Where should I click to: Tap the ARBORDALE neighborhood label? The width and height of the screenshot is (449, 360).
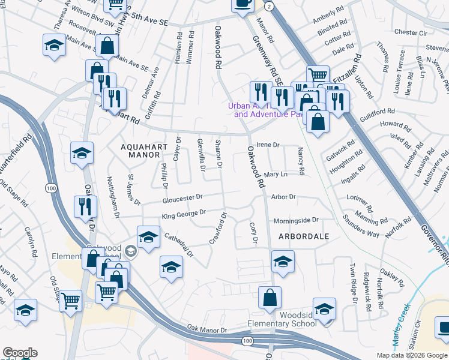tap(304, 236)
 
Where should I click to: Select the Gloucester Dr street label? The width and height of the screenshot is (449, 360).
tap(182, 197)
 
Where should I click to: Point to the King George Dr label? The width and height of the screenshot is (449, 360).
tap(184, 214)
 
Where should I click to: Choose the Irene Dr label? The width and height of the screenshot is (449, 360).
tap(268, 145)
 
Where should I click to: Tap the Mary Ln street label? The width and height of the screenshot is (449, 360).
tap(276, 174)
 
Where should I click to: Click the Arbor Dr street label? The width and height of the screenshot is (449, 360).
tap(283, 197)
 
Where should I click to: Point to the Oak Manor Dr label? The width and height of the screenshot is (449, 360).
tap(207, 329)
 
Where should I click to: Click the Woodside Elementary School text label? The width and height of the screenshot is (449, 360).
tap(298, 319)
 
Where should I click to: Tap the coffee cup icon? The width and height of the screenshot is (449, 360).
tap(243, 4)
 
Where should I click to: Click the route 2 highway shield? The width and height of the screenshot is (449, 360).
tap(270, 6)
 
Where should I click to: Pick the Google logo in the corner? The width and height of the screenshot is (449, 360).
tap(20, 353)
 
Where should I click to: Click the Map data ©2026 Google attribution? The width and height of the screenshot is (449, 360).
tap(411, 355)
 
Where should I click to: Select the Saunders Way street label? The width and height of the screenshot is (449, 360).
tap(361, 226)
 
